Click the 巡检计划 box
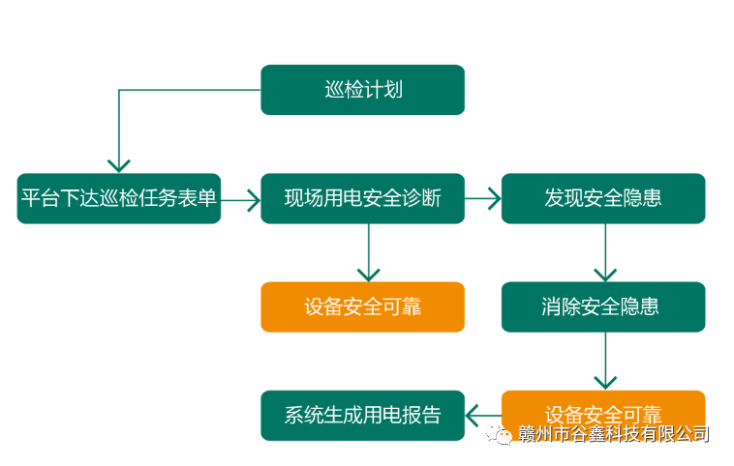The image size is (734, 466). coord(362,90)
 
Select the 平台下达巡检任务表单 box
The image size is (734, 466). coord(118,198)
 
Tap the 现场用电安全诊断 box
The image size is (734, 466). coord(362,198)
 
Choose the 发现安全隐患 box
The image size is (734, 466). coord(602,198)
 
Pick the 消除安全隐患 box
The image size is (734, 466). coord(602,306)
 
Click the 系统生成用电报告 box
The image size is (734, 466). coord(362,416)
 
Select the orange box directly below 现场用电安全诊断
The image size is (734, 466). coord(362,306)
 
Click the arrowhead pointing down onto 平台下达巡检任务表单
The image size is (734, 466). coord(118,164)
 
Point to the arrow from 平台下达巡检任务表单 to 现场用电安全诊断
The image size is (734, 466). coord(241,199)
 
